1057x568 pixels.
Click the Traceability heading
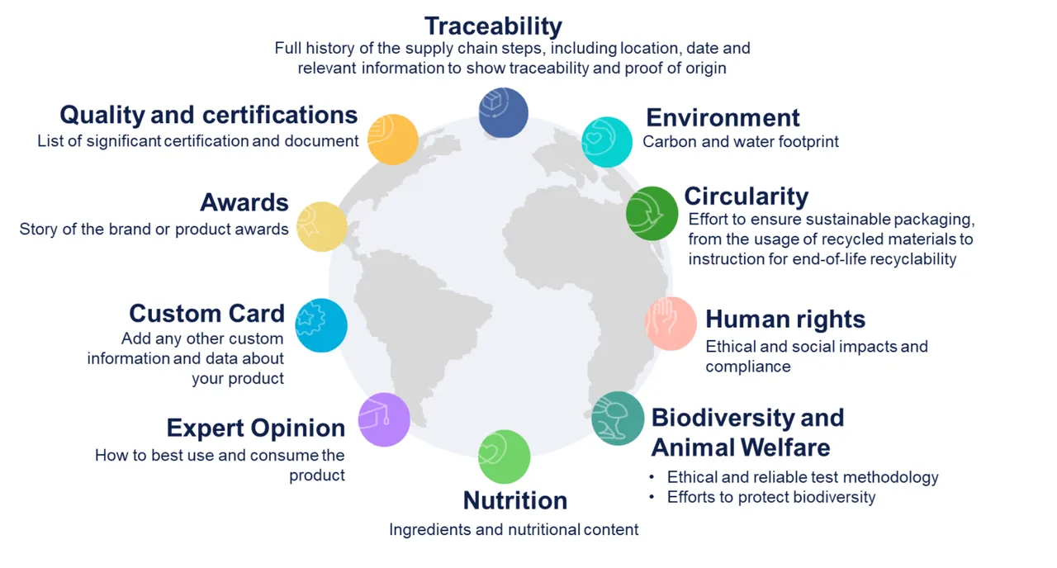click(493, 26)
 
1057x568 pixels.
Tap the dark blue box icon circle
click(504, 113)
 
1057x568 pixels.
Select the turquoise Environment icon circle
click(607, 142)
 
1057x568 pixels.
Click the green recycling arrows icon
click(652, 213)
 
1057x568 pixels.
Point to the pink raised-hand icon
click(671, 324)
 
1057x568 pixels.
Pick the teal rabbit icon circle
click(618, 419)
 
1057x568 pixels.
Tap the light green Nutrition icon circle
click(504, 457)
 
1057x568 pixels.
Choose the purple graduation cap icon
click(384, 419)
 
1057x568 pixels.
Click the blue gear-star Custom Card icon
click(321, 325)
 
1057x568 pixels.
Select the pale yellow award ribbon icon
click(322, 227)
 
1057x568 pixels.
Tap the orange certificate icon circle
click(392, 140)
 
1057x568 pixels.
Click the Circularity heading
click(746, 196)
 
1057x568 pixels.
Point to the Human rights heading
click(785, 319)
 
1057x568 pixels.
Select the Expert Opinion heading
click(256, 428)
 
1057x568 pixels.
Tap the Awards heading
click(244, 203)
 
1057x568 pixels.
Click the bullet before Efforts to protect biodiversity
click(652, 497)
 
